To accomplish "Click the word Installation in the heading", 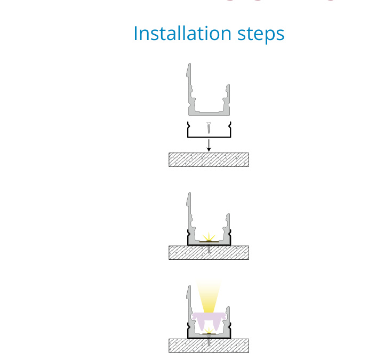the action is pos(182,33).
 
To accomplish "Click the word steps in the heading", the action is pos(261,34).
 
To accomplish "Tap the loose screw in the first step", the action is pos(209,128).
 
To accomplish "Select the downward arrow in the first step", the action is pos(209,145).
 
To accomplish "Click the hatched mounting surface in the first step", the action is pos(209,159).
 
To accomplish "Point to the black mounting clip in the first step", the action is pos(209,137).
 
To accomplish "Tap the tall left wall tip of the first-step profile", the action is pos(189,64).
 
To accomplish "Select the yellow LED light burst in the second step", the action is pos(209,237).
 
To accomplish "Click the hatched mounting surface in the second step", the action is pos(209,252).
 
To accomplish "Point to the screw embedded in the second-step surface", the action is pos(209,249).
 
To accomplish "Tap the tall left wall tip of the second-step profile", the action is pos(189,193).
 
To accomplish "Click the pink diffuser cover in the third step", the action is pos(209,317).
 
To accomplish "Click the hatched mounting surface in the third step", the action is pos(209,346).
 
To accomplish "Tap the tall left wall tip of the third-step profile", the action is pos(189,286).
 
